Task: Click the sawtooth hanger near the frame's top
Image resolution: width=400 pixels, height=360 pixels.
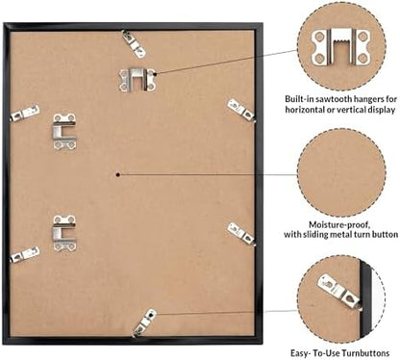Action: tap(137, 80)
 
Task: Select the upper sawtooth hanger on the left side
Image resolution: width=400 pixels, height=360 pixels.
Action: tap(64, 132)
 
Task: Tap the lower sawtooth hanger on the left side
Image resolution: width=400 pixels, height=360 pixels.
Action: tap(64, 233)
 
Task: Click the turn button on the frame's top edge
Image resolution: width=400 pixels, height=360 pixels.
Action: tap(134, 43)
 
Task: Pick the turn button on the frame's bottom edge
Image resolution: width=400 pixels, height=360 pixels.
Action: tap(144, 322)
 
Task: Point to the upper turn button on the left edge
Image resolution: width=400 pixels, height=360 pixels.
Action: tap(25, 113)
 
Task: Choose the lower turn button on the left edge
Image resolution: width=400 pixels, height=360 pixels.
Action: tap(25, 255)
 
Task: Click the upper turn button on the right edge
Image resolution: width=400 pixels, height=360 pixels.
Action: tap(241, 110)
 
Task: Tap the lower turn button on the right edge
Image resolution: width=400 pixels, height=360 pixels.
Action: tap(241, 233)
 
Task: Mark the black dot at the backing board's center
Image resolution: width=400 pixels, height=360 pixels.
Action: tap(118, 174)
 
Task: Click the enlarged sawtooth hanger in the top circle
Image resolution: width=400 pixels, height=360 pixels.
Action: tap(340, 47)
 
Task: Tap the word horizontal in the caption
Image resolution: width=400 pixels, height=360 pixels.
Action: tap(305, 110)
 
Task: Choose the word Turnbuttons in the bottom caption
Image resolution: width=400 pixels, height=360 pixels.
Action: tap(365, 353)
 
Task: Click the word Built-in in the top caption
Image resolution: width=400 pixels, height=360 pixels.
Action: tap(297, 99)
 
